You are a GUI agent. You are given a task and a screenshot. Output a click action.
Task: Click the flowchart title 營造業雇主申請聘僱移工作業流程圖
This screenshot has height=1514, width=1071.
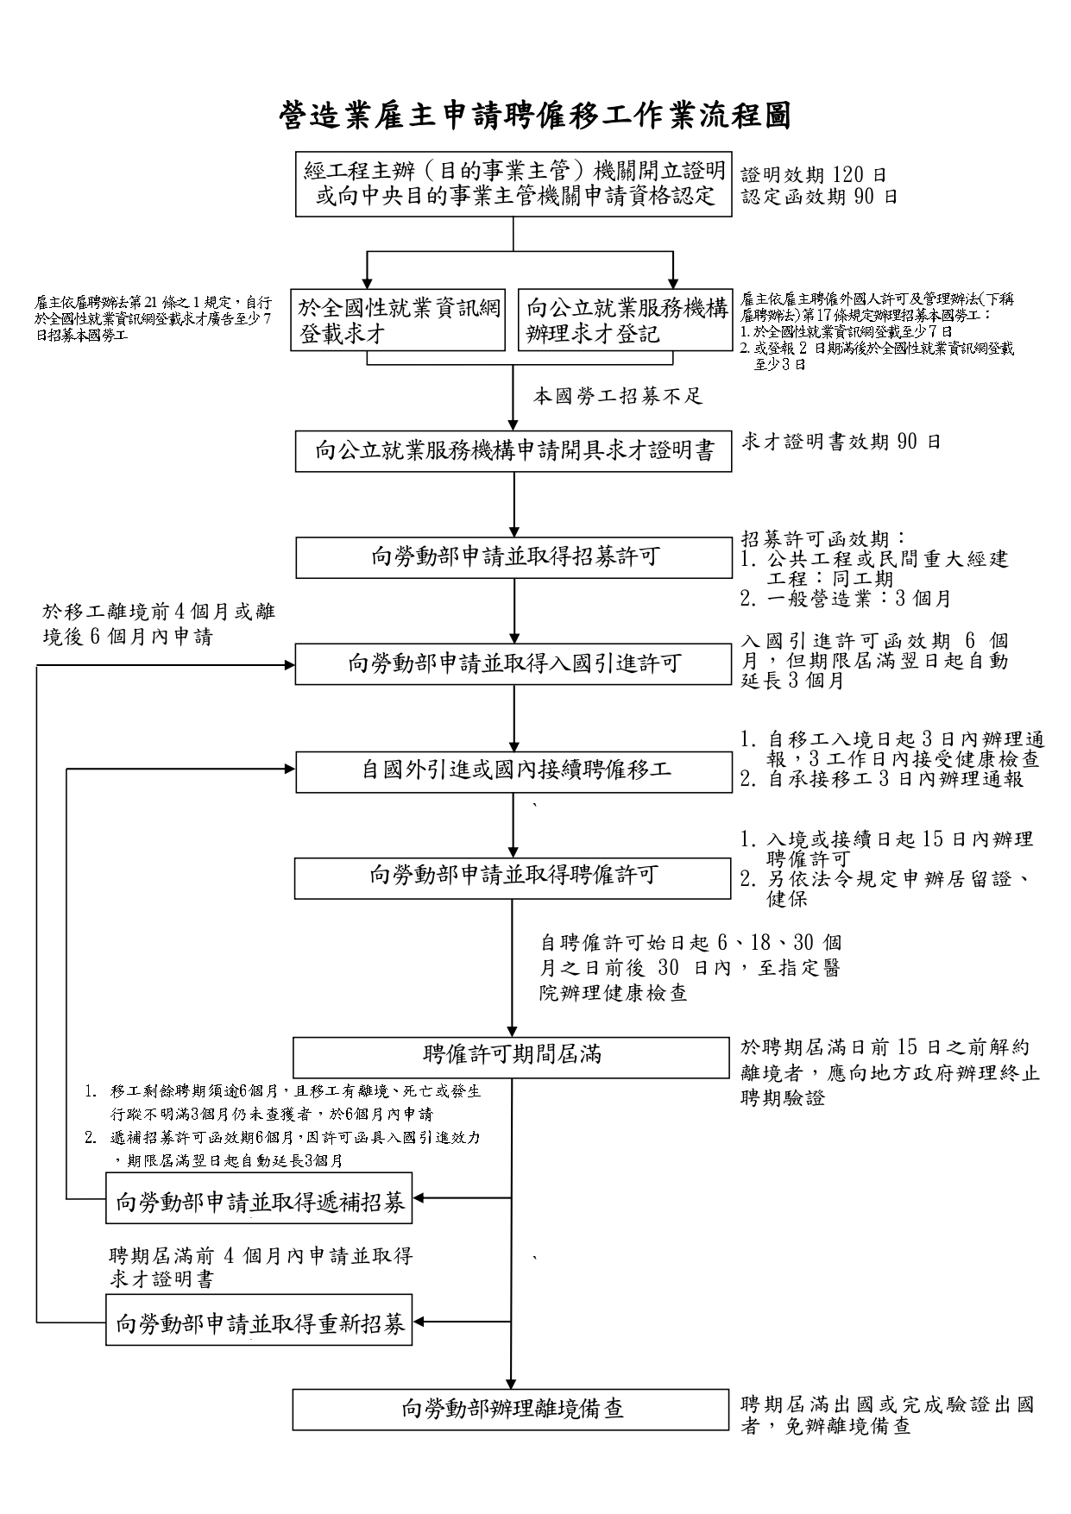tap(535, 115)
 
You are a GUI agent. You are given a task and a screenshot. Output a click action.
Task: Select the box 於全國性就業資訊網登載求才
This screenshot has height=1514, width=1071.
tap(398, 320)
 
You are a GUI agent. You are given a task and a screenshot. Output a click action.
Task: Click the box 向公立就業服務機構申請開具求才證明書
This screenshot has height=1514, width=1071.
tap(513, 450)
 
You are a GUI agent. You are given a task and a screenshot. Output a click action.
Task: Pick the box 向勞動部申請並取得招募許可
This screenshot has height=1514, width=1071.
tap(513, 557)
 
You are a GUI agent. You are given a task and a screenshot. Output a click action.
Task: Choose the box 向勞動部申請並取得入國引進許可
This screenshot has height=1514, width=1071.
tap(513, 663)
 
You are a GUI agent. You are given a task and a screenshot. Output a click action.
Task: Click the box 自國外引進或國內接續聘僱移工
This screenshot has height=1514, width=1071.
tap(513, 770)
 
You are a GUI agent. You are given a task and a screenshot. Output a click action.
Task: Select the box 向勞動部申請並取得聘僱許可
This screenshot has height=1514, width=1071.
tap(513, 876)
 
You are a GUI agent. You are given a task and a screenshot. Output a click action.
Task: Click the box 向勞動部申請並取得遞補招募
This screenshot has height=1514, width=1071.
tap(259, 1198)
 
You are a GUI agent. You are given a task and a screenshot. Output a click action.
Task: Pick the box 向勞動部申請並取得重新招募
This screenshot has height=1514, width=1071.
tap(259, 1320)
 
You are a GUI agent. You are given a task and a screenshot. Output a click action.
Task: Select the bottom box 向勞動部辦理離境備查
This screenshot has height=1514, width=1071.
tap(511, 1409)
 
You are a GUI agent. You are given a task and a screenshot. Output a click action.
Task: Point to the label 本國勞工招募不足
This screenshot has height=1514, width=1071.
tap(618, 397)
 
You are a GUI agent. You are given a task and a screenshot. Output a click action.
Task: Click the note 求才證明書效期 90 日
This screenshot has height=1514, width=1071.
tap(841, 443)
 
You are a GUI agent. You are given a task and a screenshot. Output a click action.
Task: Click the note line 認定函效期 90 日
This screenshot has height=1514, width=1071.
tap(819, 197)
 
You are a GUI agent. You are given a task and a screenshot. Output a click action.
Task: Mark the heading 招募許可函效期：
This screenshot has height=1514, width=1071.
tap(824, 538)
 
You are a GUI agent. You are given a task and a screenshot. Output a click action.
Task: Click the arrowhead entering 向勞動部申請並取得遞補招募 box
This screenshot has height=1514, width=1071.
tap(419, 1198)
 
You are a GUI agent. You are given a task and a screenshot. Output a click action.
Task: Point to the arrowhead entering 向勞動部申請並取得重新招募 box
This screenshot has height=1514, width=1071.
tap(419, 1321)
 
